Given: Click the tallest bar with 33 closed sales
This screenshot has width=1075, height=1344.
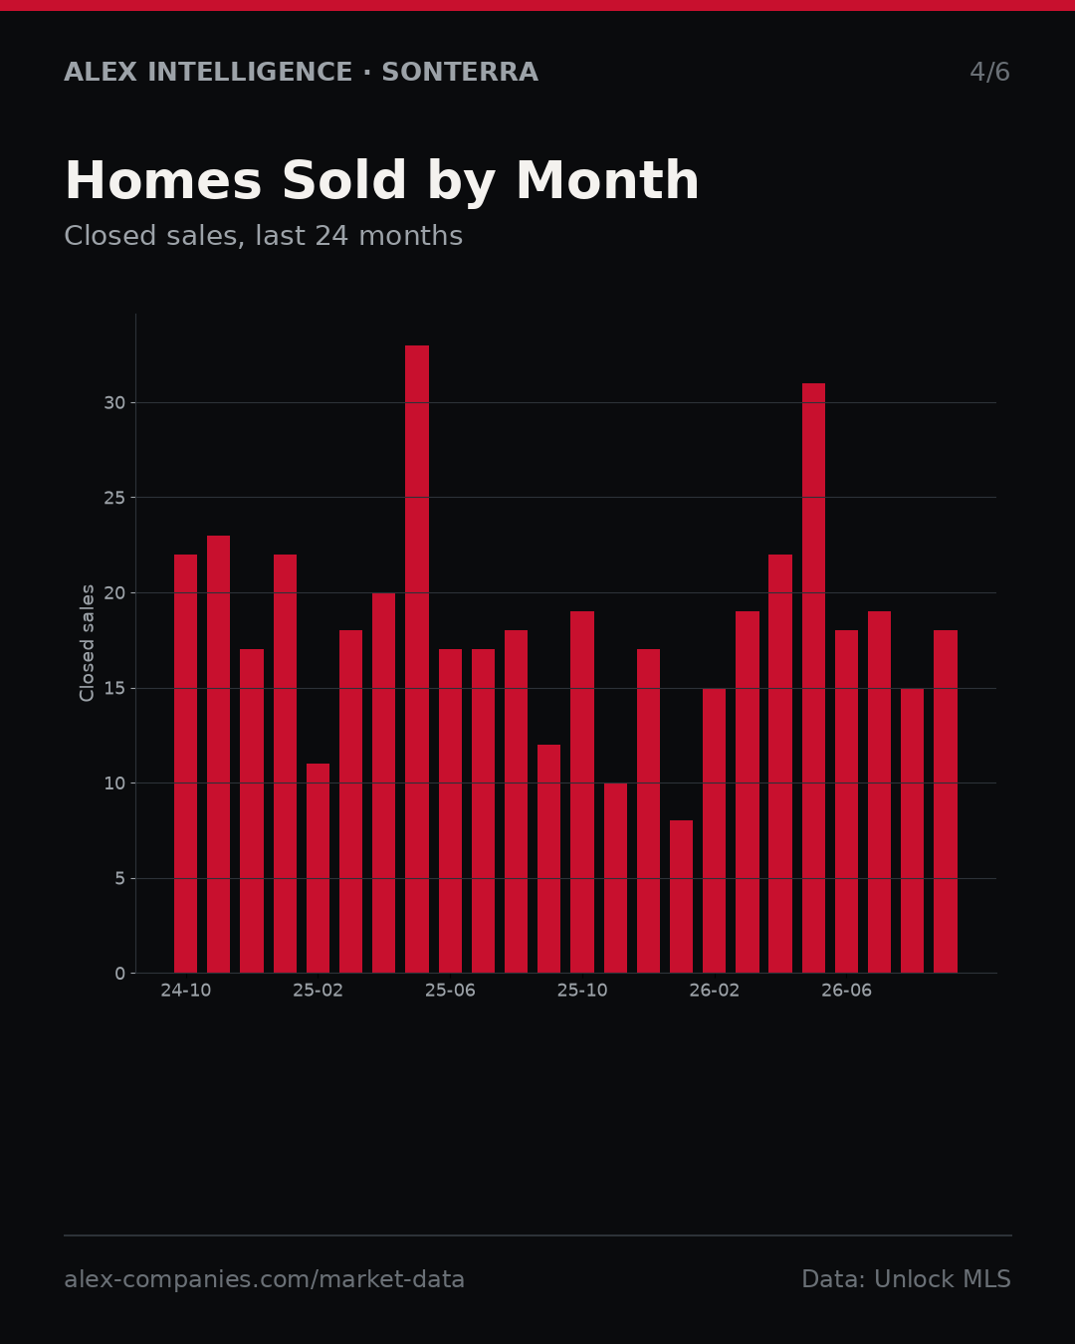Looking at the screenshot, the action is pyautogui.click(x=417, y=659).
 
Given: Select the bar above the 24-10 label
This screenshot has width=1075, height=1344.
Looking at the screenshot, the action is pyautogui.click(x=185, y=764).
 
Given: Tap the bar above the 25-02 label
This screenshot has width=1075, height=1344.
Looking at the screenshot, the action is pyautogui.click(x=318, y=868).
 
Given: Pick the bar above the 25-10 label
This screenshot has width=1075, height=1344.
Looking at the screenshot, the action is pyautogui.click(x=582, y=791).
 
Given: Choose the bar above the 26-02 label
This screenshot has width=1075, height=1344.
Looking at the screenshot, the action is pyautogui.click(x=714, y=830).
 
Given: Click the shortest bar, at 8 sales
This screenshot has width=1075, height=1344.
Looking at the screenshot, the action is pyautogui.click(x=681, y=897).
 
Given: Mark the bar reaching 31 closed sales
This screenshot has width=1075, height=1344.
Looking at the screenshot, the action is pyautogui.click(x=813, y=678).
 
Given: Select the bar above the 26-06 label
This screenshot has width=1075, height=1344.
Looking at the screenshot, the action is pyautogui.click(x=846, y=801).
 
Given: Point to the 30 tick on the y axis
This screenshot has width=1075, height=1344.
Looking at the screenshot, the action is pyautogui.click(x=114, y=403).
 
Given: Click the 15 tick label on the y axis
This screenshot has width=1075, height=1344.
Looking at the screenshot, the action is pyautogui.click(x=114, y=688).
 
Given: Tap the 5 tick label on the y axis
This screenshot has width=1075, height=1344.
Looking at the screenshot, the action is pyautogui.click(x=119, y=879).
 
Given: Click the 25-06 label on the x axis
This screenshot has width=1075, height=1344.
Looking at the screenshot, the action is pyautogui.click(x=450, y=991).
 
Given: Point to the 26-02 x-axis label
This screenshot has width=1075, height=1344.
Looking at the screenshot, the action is pyautogui.click(x=714, y=991).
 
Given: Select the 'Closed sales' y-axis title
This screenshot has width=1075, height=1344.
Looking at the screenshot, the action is pyautogui.click(x=87, y=643).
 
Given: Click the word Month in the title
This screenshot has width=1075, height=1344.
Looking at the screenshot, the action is pyautogui.click(x=607, y=180).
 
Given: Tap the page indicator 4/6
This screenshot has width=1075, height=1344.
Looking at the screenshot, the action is pyautogui.click(x=989, y=72).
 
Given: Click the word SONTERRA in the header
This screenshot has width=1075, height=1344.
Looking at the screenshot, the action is pyautogui.click(x=460, y=72).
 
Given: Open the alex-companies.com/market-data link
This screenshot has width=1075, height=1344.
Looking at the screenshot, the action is pyautogui.click(x=264, y=1279).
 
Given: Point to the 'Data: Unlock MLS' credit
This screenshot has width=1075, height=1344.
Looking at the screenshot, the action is pyautogui.click(x=906, y=1279).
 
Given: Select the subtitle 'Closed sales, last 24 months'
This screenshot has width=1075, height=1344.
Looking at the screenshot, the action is pyautogui.click(x=263, y=236).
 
